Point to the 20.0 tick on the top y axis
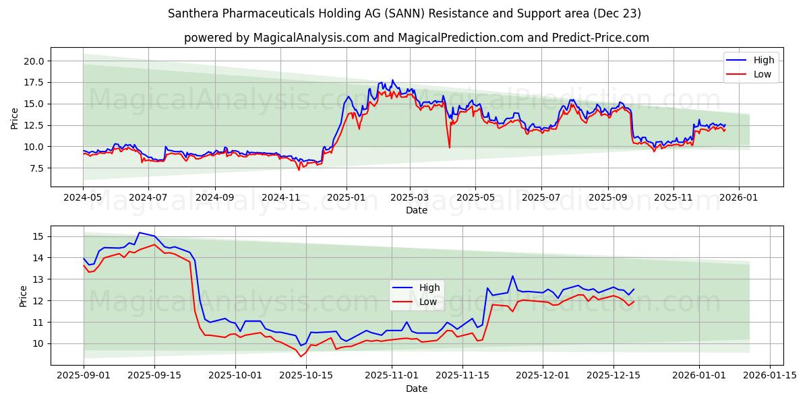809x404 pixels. click(x=34, y=61)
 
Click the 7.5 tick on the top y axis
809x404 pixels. click(x=34, y=168)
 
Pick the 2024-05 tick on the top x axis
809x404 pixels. click(x=83, y=197)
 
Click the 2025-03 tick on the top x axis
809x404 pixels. click(x=410, y=197)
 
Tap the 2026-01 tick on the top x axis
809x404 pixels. click(x=739, y=197)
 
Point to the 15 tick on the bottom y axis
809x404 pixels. click(x=38, y=236)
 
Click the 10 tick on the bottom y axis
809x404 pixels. click(x=38, y=343)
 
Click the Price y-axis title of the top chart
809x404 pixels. click(x=15, y=117)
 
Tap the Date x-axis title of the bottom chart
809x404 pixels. click(x=416, y=389)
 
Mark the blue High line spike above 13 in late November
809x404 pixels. click(x=512, y=276)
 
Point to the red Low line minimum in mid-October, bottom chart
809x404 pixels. click(x=301, y=356)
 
